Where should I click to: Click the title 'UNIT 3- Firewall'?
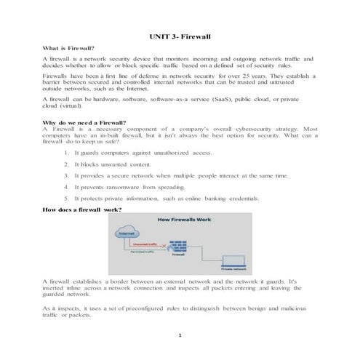(180, 36)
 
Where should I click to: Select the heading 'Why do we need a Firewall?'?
(84, 123)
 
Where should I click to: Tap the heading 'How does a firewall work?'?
(82, 210)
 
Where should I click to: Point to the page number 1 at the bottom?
(180, 336)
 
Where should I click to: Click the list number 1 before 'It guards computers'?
(66, 153)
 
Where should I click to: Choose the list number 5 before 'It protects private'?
(66, 198)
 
